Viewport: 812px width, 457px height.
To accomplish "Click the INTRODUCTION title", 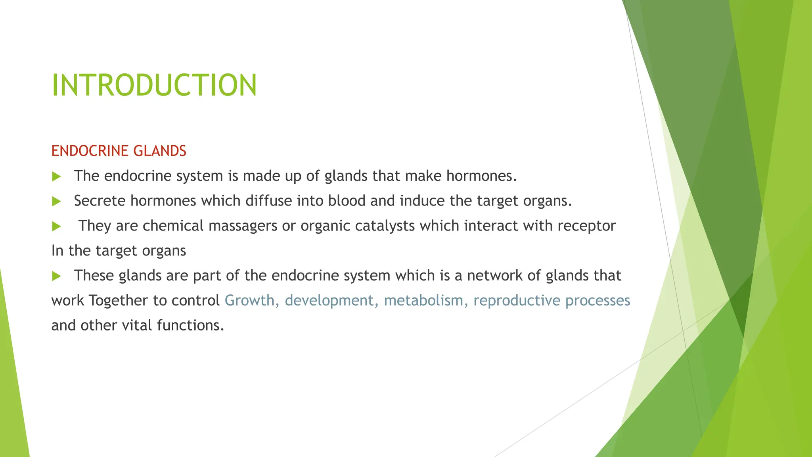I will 154,85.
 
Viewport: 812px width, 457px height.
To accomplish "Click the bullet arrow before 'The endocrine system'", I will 56,177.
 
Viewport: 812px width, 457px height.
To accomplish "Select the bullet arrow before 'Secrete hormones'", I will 56,202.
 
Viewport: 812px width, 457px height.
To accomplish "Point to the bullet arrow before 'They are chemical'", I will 56,227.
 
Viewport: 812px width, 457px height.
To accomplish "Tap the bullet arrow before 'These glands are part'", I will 56,276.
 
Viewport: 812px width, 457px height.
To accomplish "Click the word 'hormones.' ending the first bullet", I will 481,176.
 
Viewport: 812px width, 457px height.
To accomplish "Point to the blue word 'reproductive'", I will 517,300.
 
